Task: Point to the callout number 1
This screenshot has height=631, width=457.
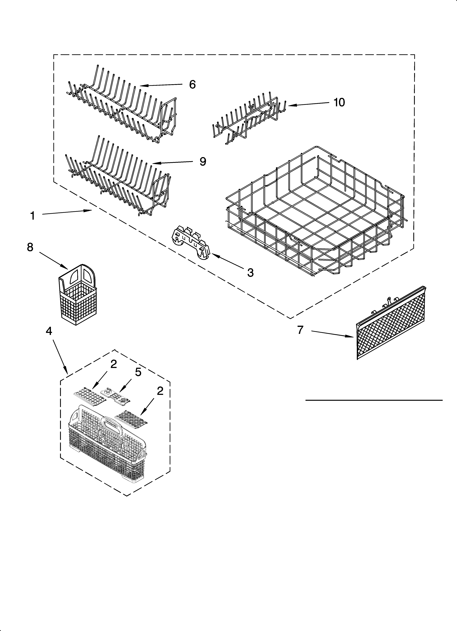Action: [x=33, y=215]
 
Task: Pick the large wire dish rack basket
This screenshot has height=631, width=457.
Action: [x=314, y=211]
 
